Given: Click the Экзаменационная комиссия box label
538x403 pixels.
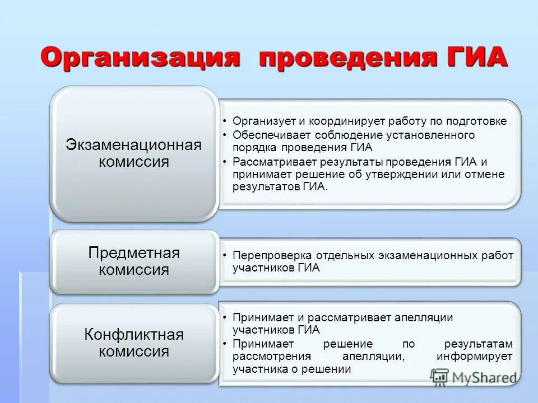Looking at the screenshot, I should coord(133,153).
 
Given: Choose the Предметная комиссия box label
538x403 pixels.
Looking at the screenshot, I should coord(134,261).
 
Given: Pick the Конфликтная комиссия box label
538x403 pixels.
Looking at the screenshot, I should coord(134,343).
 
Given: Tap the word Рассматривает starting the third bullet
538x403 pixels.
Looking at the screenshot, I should coord(271,162).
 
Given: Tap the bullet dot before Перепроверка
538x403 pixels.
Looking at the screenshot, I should coord(224,255).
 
